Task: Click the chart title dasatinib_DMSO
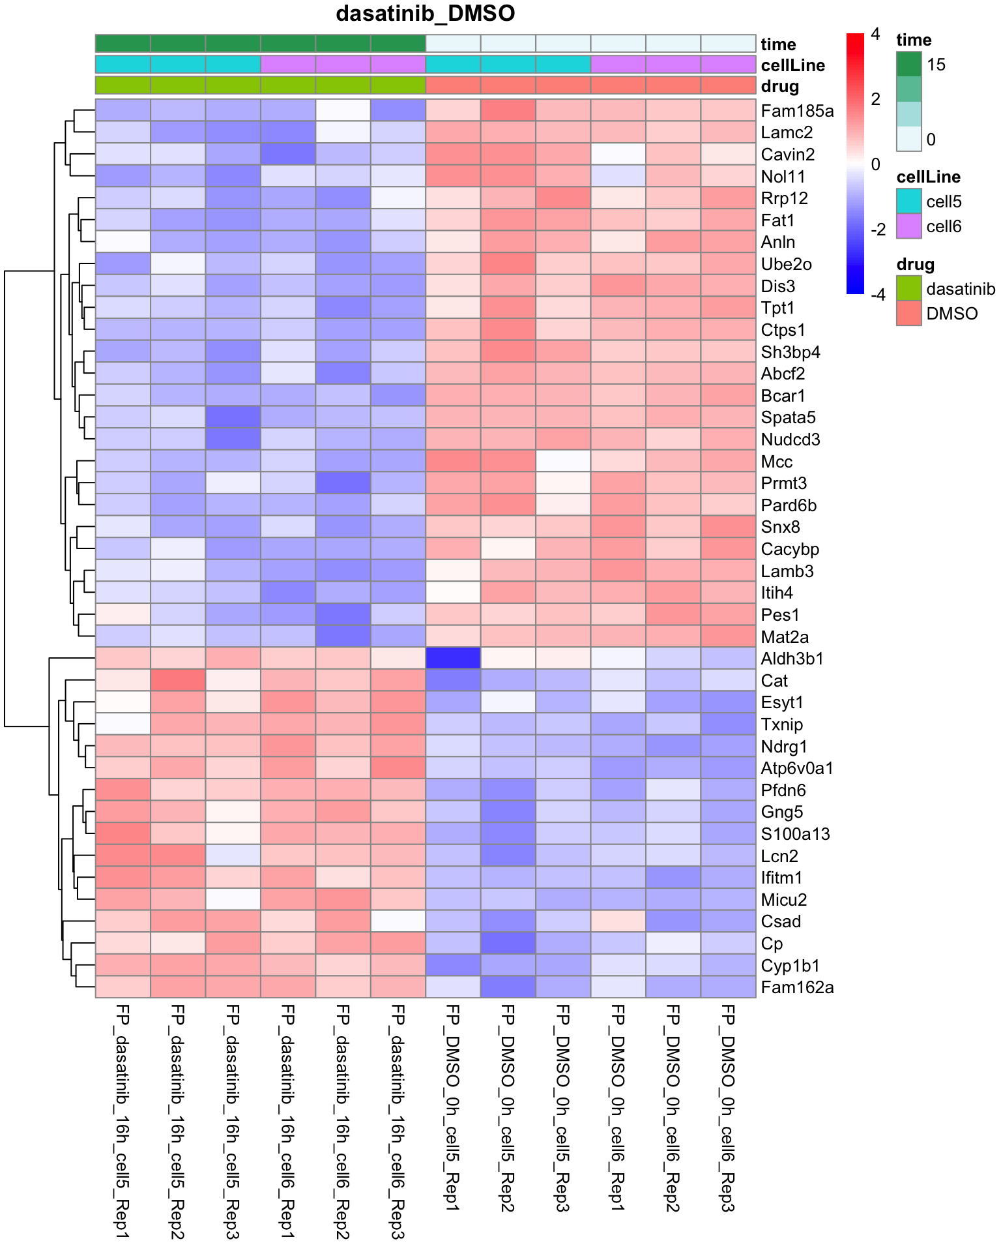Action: pos(425,14)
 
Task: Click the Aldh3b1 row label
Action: pos(792,659)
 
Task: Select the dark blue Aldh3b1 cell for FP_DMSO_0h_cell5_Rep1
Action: pos(453,658)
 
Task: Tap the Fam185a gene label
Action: pos(797,111)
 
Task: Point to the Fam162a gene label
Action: pos(797,987)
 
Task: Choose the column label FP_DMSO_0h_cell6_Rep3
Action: pos(728,1108)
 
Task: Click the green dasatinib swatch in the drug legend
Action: pos(908,288)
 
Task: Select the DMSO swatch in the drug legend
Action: pos(908,313)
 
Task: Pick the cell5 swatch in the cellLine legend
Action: pos(908,201)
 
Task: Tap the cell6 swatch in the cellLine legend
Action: pos(908,226)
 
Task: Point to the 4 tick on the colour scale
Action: pos(875,34)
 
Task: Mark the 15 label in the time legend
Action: pos(936,65)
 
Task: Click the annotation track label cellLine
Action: pos(792,65)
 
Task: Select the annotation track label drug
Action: pos(779,86)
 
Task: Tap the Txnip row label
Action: pos(782,724)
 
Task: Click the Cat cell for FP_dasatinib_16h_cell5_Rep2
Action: pos(178,680)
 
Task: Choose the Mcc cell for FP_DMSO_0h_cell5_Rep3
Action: pos(563,461)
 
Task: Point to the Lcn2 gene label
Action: pos(779,856)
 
